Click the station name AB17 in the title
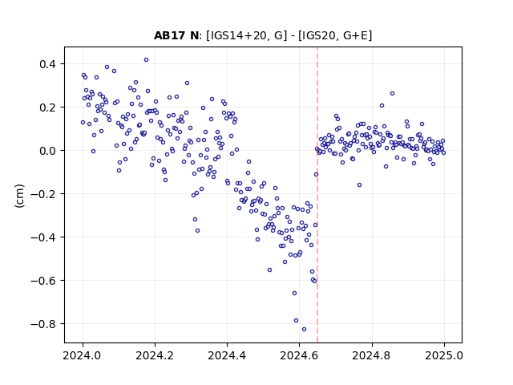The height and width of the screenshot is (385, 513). [169, 35]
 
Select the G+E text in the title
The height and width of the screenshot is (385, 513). [356, 35]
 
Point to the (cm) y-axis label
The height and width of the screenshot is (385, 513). [19, 196]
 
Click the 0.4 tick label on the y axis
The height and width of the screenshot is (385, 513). [48, 64]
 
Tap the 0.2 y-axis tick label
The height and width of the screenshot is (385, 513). [48, 107]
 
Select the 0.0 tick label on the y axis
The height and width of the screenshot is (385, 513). [48, 151]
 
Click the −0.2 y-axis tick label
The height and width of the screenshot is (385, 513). [43, 194]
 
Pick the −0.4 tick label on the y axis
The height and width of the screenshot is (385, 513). [43, 237]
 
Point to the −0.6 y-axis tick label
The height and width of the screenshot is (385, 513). [43, 281]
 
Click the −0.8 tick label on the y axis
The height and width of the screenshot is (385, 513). [43, 324]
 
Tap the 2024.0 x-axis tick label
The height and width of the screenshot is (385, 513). [83, 355]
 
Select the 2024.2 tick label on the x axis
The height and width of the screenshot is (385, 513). [155, 355]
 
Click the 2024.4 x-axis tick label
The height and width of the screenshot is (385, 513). [227, 355]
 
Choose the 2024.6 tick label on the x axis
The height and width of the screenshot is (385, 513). [299, 355]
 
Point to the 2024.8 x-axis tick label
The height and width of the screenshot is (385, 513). [372, 355]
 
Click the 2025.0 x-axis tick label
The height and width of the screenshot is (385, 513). [444, 355]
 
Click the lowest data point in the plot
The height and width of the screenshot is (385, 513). [304, 329]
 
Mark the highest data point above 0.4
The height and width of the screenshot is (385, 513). [146, 59]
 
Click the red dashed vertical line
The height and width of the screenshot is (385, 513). [317, 195]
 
